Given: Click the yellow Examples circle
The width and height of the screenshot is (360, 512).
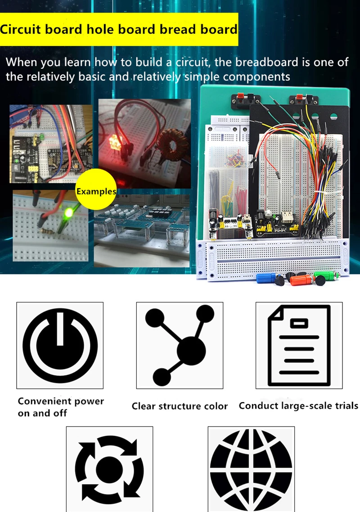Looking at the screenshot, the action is (96, 190).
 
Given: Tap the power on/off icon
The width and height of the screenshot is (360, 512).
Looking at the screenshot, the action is (60, 345).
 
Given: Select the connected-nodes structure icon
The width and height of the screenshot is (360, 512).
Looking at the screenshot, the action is (180, 345).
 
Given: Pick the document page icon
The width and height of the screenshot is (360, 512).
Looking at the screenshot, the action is (299, 345).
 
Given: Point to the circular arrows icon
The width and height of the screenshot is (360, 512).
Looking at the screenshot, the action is (109, 470).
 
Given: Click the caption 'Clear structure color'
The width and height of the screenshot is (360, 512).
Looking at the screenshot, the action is (180, 406).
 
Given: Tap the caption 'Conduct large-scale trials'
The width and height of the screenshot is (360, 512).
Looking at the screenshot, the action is (298, 405).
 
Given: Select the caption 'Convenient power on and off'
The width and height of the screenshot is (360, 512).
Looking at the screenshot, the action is (61, 407).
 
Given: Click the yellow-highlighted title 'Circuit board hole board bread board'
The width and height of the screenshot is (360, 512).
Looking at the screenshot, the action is (119, 30).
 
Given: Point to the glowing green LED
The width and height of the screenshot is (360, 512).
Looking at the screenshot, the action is (69, 212).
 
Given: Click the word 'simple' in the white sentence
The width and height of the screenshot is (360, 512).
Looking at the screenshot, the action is (202, 76).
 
